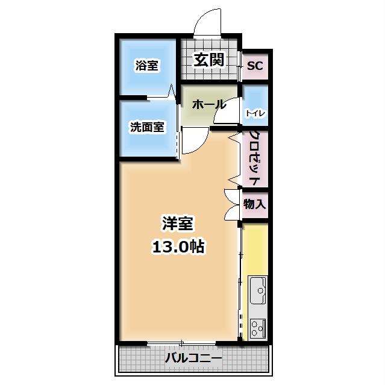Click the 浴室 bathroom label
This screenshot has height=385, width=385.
pos(147,66)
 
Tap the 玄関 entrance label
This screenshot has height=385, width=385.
pos(208,60)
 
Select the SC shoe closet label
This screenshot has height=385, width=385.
pos(255,66)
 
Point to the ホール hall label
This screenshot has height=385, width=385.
pos(208,104)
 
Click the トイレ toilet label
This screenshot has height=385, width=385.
pos(255,113)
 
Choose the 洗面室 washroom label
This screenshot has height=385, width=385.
pos(147,127)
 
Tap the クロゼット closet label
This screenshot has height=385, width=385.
pos(254,158)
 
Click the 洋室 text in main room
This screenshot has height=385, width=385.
pos(177,223)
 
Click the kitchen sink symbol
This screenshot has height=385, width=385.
pos(258,293)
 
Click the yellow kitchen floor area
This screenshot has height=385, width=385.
pos(255,250)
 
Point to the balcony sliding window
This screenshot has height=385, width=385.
pos(181,344)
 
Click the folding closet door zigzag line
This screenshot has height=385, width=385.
pos(233,158)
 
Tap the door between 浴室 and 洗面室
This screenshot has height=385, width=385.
pos(172,94)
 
